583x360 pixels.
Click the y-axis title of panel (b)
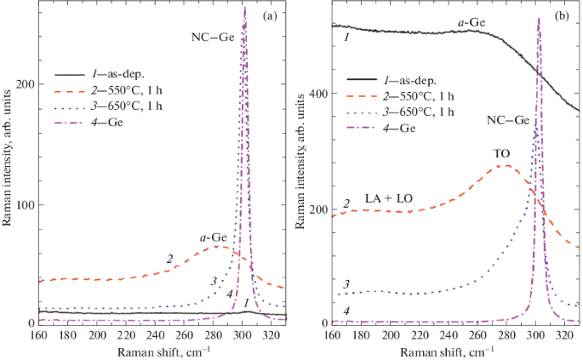coord(299,166)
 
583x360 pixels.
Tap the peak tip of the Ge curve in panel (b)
coord(538,18)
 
